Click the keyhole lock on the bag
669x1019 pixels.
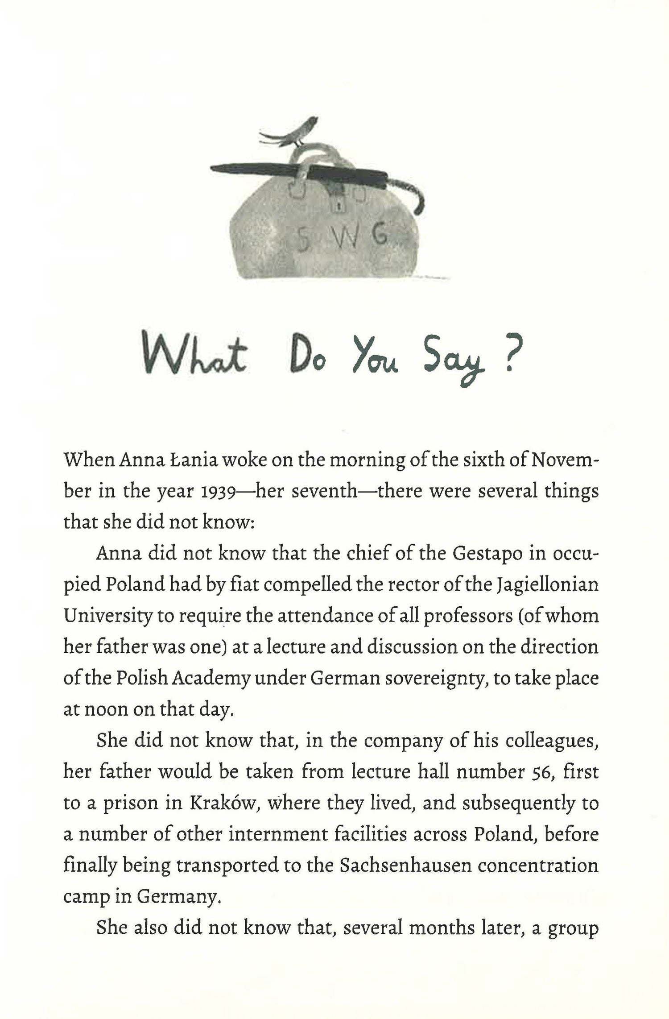click(340, 206)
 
